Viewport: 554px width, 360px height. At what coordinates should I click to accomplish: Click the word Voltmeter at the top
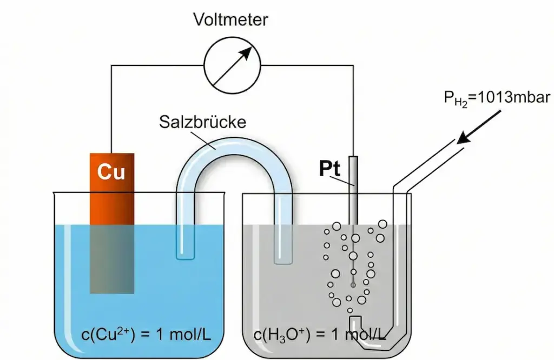coord(231,21)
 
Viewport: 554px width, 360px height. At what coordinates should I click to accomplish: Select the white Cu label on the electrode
coord(111,171)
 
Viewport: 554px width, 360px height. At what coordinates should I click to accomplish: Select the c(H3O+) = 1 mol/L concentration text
coord(319,335)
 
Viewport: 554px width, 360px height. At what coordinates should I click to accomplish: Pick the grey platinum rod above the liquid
coord(353,189)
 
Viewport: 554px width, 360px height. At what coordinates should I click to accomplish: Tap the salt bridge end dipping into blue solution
coord(185,243)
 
